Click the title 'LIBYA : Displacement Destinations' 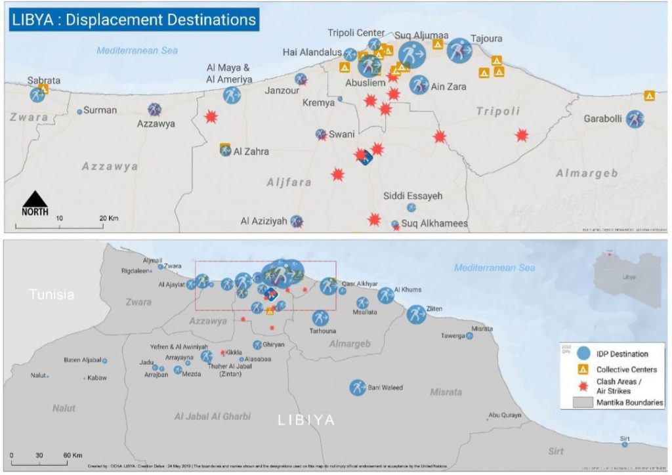point(134,19)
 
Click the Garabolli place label point(602,119)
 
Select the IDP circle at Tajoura point(459,51)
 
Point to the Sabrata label point(44,80)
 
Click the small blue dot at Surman point(80,112)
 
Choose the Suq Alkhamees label point(434,224)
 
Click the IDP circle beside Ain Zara point(419,84)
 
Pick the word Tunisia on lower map point(52,295)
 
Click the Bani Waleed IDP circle point(358,388)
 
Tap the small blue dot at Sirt point(624,444)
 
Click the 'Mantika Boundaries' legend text point(629,402)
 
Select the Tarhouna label point(322,331)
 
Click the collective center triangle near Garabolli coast point(650,96)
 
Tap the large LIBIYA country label point(307,420)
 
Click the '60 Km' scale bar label point(72,455)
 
